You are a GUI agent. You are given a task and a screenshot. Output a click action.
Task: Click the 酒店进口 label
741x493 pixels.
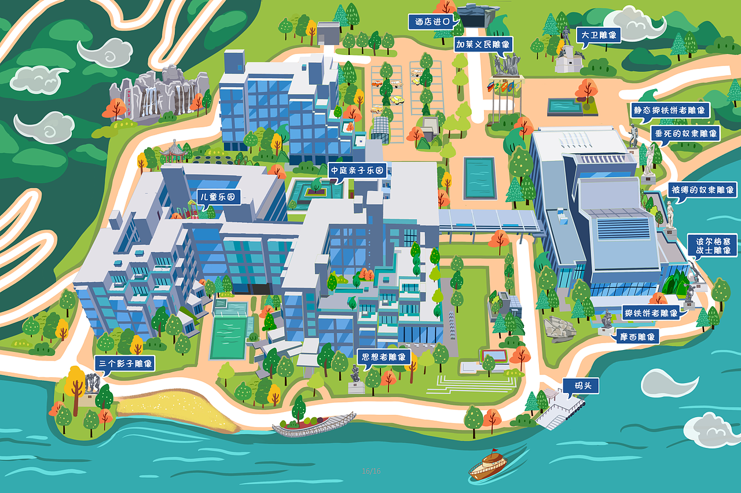click(x=429, y=23)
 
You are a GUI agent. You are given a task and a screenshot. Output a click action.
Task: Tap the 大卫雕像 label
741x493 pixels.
click(x=599, y=35)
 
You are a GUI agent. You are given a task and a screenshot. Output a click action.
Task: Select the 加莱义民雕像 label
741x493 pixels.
click(x=483, y=44)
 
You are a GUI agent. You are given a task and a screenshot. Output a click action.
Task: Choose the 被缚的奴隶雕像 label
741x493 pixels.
click(x=702, y=189)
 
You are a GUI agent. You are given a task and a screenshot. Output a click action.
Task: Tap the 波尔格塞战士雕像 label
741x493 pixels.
click(x=712, y=245)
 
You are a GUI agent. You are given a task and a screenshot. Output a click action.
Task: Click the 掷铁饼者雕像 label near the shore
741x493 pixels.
click(x=651, y=313)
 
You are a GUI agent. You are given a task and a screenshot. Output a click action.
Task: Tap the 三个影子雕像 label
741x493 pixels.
click(x=125, y=363)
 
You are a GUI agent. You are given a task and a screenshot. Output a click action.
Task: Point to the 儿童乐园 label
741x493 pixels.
click(x=218, y=197)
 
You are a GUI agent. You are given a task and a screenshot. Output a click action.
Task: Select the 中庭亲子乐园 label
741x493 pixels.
click(x=357, y=171)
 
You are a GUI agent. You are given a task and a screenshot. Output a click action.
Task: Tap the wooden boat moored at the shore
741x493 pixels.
click(x=314, y=425)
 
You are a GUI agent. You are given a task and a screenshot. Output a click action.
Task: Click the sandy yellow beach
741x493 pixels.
click(x=174, y=408)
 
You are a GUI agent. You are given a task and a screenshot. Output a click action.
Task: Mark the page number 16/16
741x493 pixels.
click(x=371, y=471)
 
